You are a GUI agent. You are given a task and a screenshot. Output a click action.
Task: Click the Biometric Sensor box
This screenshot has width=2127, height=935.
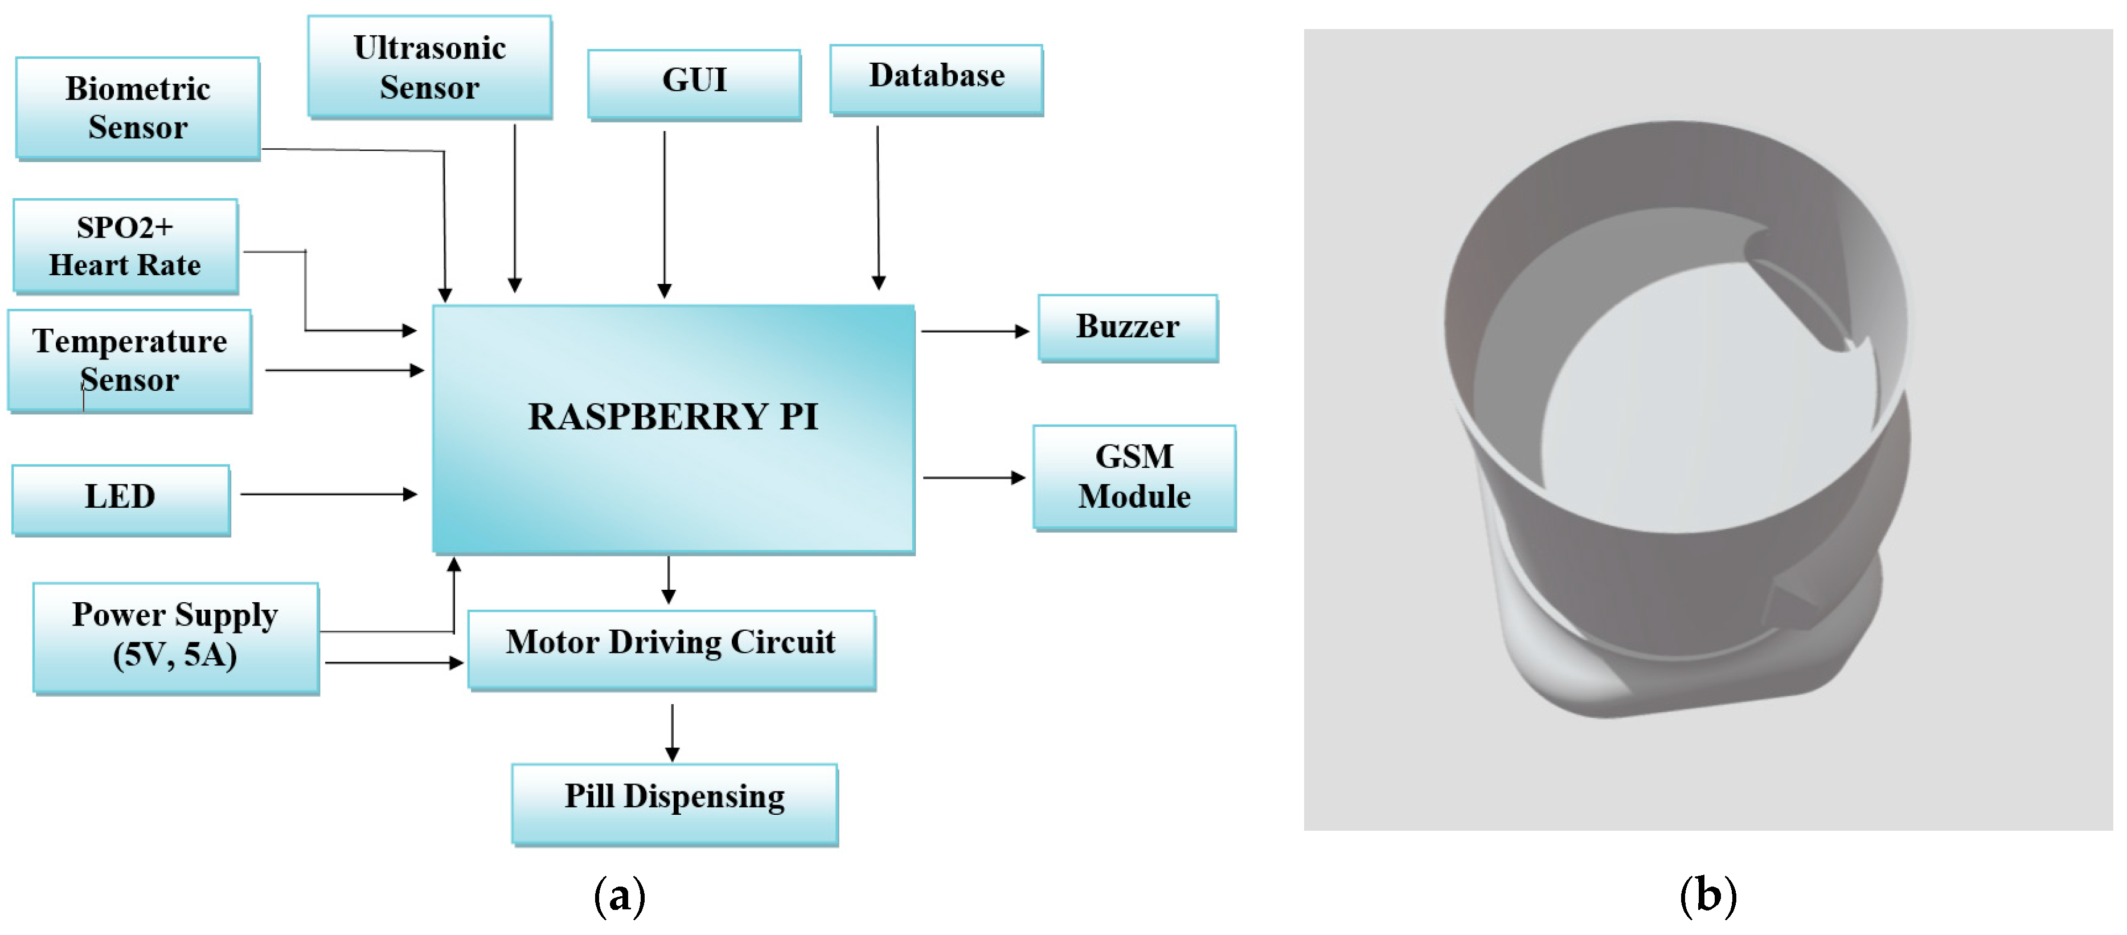pyautogui.click(x=137, y=108)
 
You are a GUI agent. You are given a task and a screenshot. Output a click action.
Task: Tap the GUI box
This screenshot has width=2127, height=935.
pyautogui.click(x=694, y=83)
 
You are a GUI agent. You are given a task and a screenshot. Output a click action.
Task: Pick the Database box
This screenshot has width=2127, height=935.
pyautogui.click(x=936, y=79)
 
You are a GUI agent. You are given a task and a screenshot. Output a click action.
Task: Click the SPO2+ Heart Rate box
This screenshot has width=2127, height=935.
pyautogui.click(x=125, y=246)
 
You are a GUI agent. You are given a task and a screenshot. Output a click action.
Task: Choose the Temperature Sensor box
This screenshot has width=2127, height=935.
pyautogui.click(x=130, y=361)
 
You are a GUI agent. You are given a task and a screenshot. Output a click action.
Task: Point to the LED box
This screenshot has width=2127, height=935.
pyautogui.click(x=121, y=500)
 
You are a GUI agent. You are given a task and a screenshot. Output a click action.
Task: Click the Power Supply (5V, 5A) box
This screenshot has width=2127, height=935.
pyautogui.click(x=175, y=638)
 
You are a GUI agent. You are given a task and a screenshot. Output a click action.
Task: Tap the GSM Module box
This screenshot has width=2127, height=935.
pyautogui.click(x=1134, y=477)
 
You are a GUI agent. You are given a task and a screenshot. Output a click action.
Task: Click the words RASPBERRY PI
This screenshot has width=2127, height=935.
pyautogui.click(x=673, y=417)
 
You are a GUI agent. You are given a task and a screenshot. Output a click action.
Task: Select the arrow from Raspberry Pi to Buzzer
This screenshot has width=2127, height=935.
pyautogui.click(x=974, y=331)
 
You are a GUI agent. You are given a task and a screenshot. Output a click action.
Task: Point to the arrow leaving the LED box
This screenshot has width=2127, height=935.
pyautogui.click(x=328, y=494)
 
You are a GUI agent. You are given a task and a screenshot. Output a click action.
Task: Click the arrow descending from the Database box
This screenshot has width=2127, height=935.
pyautogui.click(x=878, y=206)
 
